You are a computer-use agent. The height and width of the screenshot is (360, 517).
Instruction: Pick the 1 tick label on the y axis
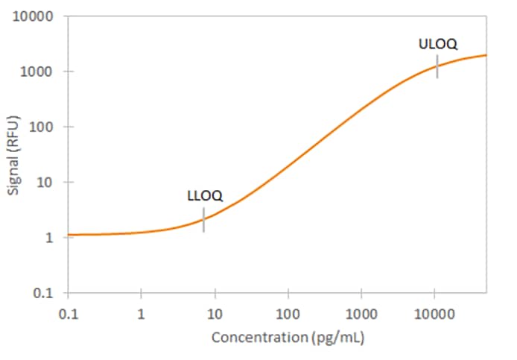(x=51, y=238)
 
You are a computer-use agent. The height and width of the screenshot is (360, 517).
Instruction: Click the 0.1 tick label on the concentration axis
(x=68, y=312)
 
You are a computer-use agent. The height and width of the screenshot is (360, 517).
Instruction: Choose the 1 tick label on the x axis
(x=141, y=312)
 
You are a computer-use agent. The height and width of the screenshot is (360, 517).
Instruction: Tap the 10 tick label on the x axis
(x=215, y=312)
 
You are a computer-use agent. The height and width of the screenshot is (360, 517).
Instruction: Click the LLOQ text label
(x=204, y=197)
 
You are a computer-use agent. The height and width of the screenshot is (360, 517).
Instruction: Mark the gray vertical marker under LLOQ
(x=203, y=220)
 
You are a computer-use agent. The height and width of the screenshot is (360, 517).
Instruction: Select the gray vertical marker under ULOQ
(x=437, y=66)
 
